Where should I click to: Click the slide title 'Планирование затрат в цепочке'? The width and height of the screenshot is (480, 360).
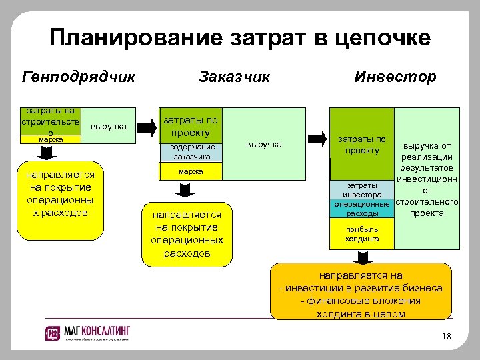[240, 37]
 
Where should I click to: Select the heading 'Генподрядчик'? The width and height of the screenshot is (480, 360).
[79, 77]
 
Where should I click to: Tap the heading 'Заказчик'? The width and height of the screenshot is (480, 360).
[234, 77]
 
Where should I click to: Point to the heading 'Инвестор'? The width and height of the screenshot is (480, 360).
[395, 77]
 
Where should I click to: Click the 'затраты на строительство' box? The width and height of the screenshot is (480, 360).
[51, 121]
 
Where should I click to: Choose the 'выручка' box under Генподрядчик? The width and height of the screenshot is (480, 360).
[106, 125]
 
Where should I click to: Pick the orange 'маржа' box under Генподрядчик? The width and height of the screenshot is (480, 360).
[51, 140]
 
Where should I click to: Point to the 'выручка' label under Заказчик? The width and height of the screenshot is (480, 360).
[264, 144]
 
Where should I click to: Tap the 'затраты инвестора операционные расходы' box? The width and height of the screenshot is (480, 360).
[362, 199]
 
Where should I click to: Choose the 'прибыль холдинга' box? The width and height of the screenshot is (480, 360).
[362, 233]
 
